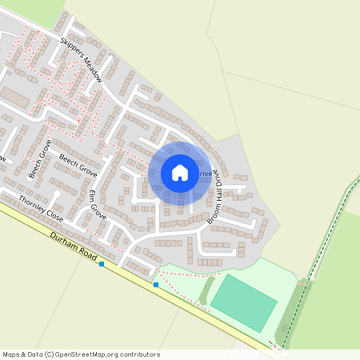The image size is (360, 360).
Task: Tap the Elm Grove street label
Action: tap(97, 206)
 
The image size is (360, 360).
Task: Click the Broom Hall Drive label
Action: tap(214, 198)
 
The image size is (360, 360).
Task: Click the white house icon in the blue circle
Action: tap(180, 173)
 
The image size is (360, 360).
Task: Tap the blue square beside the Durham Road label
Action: tap(102, 264)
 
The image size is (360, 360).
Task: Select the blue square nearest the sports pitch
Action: tap(156, 285)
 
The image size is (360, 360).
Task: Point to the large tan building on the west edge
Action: tap(14, 99)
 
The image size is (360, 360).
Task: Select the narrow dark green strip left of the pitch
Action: tap(206, 288)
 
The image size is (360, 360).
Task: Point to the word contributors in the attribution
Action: tap(138, 354)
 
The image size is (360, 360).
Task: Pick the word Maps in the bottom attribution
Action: tap(12, 354)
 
